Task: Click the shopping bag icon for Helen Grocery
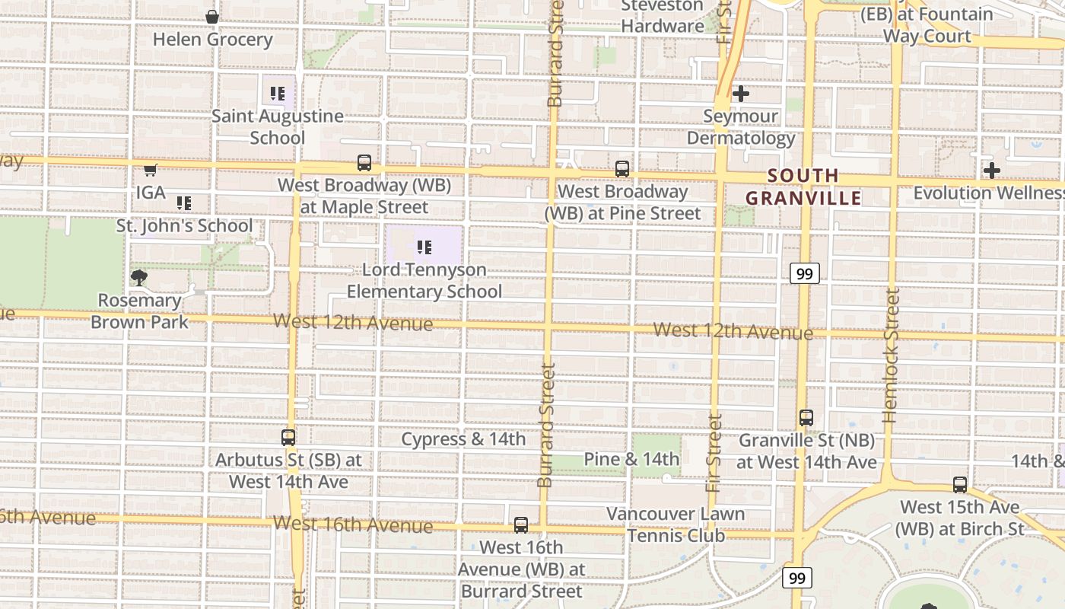coord(212,17)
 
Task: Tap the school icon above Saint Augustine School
coord(278,94)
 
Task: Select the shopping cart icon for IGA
coord(151,169)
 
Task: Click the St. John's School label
coord(184,226)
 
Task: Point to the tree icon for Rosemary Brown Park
coord(138,277)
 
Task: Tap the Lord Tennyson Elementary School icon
coord(424,247)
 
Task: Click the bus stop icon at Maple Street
coord(364,163)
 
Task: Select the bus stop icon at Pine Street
coord(622,169)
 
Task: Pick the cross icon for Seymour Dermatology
coord(741,94)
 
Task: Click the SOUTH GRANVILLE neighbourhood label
coord(803,187)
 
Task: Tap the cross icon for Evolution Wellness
coord(991,171)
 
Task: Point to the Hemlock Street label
coord(892,356)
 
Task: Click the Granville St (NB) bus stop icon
coord(806,418)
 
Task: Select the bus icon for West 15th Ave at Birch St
coord(960,485)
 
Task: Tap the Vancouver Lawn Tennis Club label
coord(676,525)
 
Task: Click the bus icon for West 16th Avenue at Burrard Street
coord(521,525)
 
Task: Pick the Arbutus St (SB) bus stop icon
coord(288,438)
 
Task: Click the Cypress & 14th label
coord(463,439)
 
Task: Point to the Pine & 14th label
coord(631,459)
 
